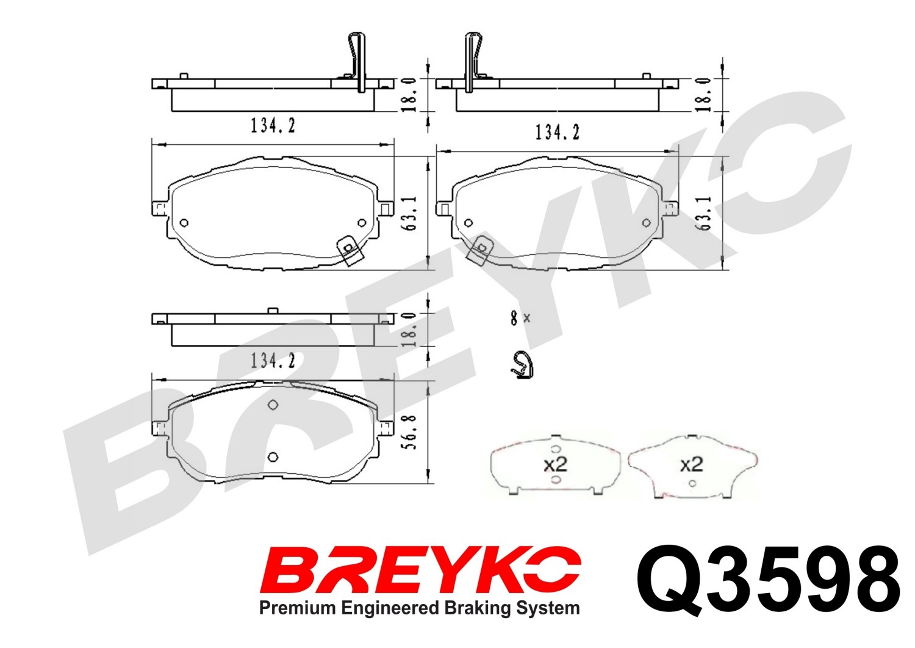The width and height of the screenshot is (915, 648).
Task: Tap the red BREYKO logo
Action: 420,570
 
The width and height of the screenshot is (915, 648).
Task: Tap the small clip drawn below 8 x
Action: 522,365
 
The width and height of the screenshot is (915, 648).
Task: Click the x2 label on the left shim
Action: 556,464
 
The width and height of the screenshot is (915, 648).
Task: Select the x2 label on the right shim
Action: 691,464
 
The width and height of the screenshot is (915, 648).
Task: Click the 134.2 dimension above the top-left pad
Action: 273,126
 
